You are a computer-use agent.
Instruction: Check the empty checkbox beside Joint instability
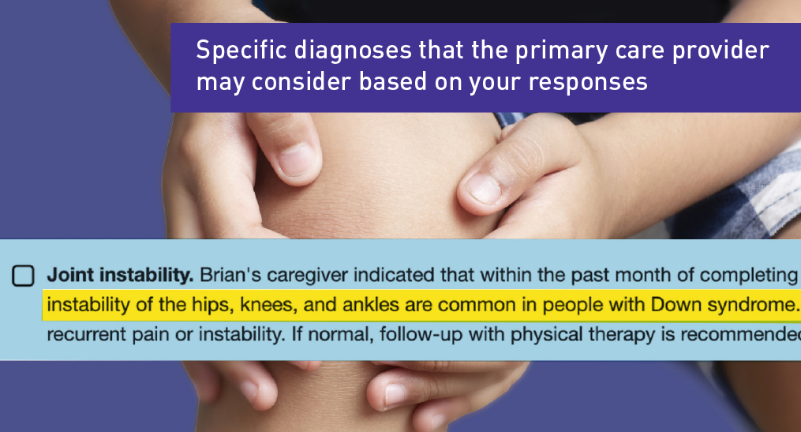[x=23, y=276]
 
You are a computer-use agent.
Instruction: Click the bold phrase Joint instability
[x=120, y=275]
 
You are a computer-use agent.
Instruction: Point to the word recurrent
[x=80, y=334]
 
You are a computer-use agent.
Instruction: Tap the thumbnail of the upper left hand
[x=296, y=160]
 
